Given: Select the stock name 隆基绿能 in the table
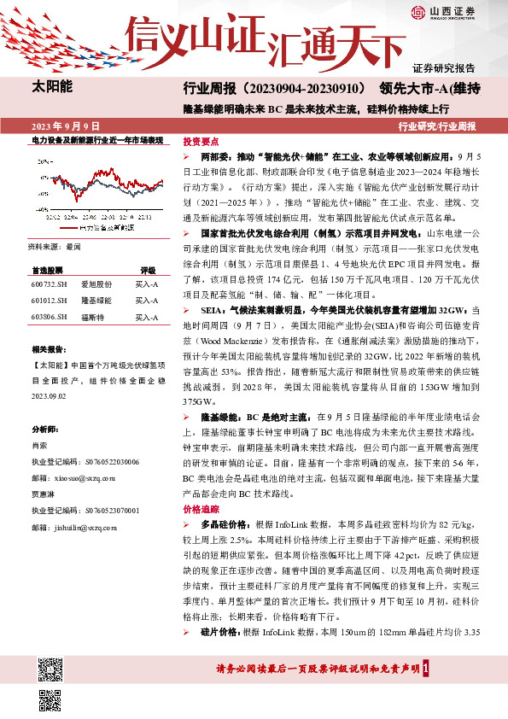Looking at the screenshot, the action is click(x=95, y=301).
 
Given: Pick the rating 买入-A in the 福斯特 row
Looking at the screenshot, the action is click(x=148, y=318).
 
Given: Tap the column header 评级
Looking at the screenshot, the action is click(x=148, y=269).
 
